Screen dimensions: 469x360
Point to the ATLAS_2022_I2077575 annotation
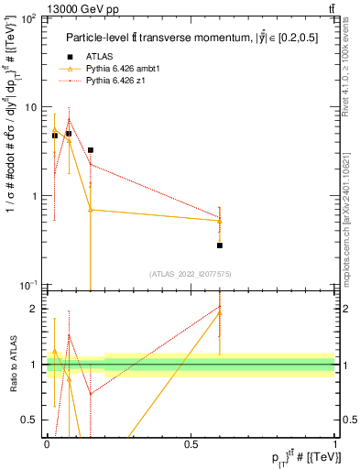191,274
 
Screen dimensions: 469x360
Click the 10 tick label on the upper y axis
31,107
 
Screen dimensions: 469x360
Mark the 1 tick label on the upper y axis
35,196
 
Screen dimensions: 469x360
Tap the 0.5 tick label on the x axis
191,444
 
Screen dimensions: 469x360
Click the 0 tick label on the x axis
47,444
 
